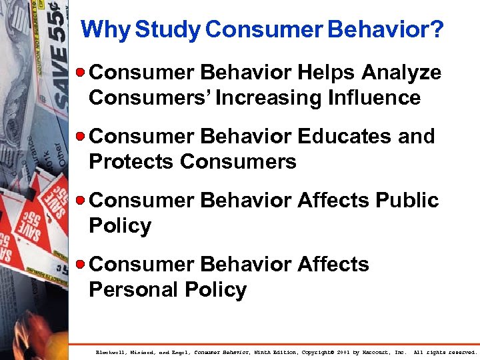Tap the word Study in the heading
[x=167, y=30]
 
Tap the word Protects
[x=131, y=162]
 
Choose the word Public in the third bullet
[x=407, y=200]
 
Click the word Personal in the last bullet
[x=132, y=290]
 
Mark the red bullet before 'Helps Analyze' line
[x=81, y=72]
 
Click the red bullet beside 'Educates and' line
[x=81, y=136]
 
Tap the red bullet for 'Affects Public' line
[x=81, y=200]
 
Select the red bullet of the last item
[x=81, y=264]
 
